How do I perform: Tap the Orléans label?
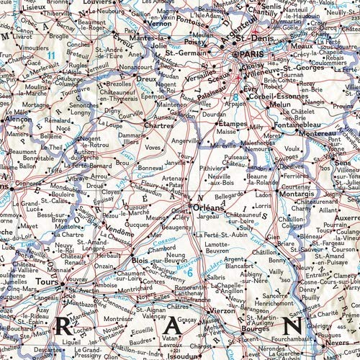click(212, 207)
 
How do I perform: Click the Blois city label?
click(140, 260)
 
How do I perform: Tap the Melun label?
click(279, 104)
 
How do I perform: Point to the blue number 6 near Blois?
click(189, 272)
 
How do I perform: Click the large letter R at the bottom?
click(62, 325)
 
